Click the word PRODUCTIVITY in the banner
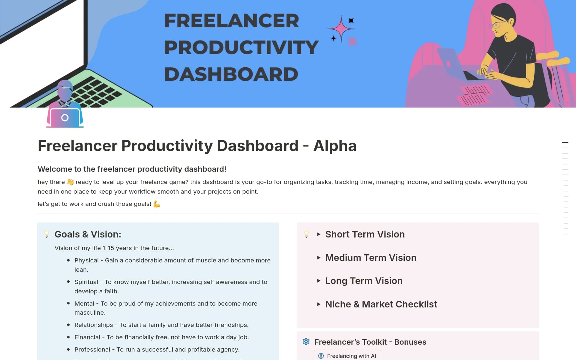pos(241,47)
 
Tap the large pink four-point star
pos(341,29)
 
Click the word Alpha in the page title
pos(335,146)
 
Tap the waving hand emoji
pos(70,182)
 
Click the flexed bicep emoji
pos(157,204)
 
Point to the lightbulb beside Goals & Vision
pos(47,234)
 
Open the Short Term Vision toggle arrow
pos(319,234)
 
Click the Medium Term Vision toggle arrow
pos(319,258)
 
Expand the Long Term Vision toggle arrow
pos(319,281)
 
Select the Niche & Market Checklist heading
pos(381,304)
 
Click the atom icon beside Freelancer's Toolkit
pos(306,342)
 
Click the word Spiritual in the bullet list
pos(86,282)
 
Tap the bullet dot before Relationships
pos(68,325)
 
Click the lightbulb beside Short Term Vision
pos(306,234)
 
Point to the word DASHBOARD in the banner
pos(231,74)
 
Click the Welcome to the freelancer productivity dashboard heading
pos(132,169)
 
